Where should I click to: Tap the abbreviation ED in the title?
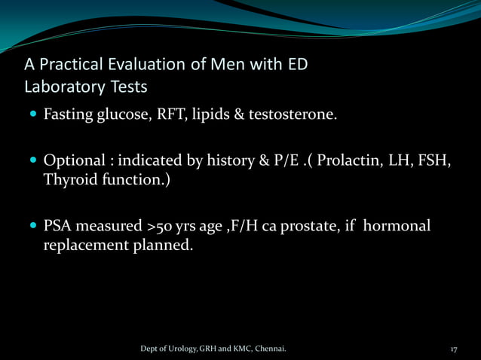(x=296, y=64)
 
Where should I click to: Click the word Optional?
(x=72, y=162)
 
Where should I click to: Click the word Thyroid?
(x=69, y=181)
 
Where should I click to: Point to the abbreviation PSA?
(x=57, y=226)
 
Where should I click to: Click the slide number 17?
(x=454, y=349)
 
